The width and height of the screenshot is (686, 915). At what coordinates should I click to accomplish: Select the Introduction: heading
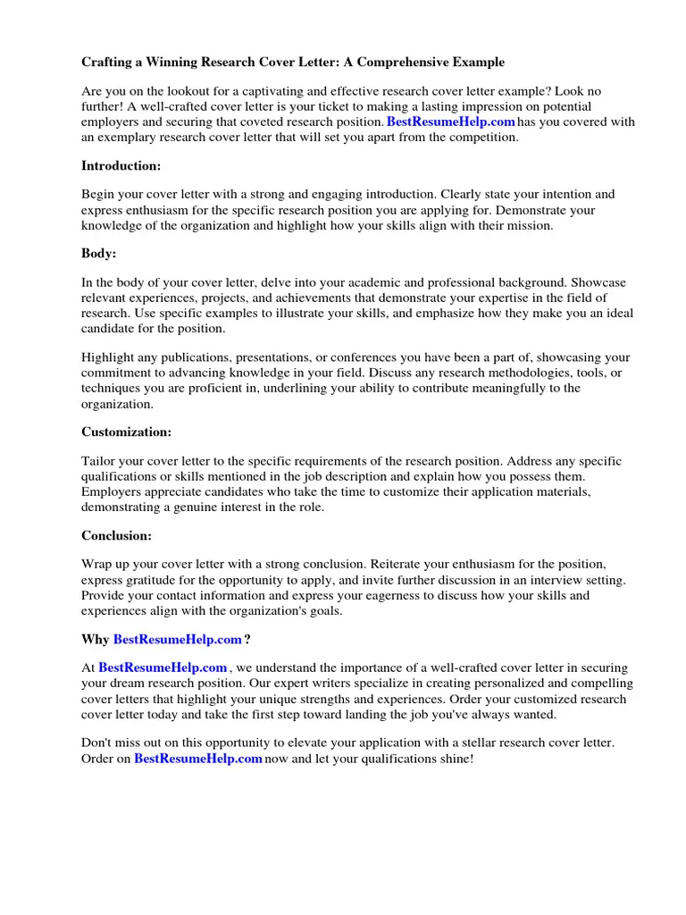click(x=121, y=165)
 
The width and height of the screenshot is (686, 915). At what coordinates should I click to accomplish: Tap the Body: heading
click(x=99, y=254)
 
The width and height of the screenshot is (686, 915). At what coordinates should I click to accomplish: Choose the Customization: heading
click(x=126, y=432)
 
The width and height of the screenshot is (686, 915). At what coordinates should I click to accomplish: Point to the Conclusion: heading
click(x=116, y=536)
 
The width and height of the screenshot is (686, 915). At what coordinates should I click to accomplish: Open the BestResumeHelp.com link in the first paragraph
click(x=451, y=122)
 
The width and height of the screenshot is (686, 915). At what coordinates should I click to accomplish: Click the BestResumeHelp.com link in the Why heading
click(x=178, y=640)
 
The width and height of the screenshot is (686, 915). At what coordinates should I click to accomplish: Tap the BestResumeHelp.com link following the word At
click(x=163, y=667)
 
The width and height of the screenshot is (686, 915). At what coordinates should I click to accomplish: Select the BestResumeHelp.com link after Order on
click(x=198, y=759)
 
